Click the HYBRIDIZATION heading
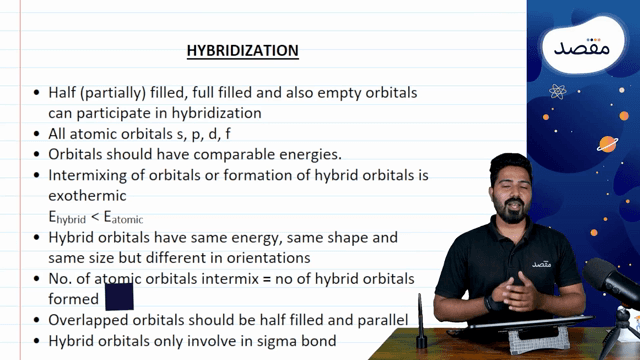243,50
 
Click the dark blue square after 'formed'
119,297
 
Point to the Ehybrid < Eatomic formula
96,217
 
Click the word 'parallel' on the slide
374,320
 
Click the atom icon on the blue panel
559,92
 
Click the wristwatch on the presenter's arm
492,303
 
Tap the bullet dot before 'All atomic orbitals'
37,133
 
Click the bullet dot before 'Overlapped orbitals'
37,321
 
